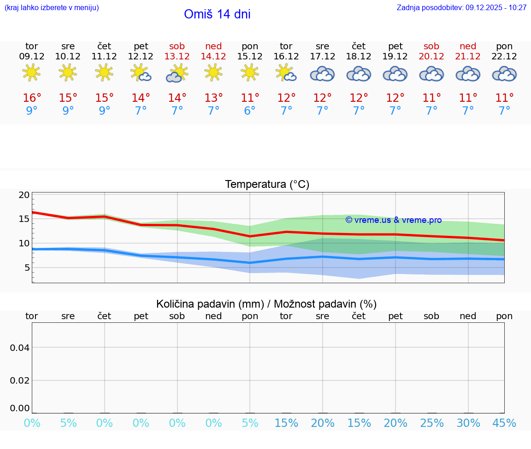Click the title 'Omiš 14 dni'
point(217,14)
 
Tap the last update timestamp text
point(461,7)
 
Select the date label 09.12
point(31,57)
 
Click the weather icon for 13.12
point(177,73)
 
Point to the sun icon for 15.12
point(250,72)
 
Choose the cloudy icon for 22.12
point(504,74)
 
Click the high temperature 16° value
point(32,98)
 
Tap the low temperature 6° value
point(250,111)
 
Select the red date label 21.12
point(468,57)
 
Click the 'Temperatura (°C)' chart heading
point(267,184)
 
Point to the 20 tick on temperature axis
point(24,195)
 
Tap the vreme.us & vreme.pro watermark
point(393,220)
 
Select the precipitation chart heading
point(266,304)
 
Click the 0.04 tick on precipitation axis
point(20,348)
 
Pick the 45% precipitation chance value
point(504,423)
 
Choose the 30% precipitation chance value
point(468,423)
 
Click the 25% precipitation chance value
point(432,423)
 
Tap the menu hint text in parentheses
point(52,7)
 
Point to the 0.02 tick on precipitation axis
point(20,380)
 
